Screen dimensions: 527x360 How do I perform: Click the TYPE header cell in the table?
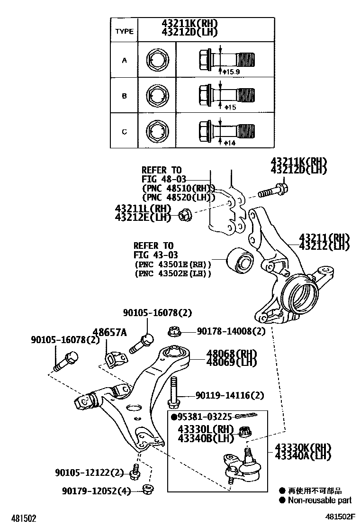tap(125, 31)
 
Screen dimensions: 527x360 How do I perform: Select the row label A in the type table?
tap(125, 60)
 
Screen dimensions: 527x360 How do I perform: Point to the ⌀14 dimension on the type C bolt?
tap(230, 143)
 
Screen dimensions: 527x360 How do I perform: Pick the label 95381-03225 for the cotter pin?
tap(204, 417)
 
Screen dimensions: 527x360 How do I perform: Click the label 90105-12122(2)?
tap(89, 472)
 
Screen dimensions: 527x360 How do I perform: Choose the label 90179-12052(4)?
tap(96, 491)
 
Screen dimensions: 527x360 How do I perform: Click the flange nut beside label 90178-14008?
tap(174, 331)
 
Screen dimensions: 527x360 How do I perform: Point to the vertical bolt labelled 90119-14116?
tap(173, 392)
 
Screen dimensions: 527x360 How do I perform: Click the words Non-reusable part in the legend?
tap(319, 500)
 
